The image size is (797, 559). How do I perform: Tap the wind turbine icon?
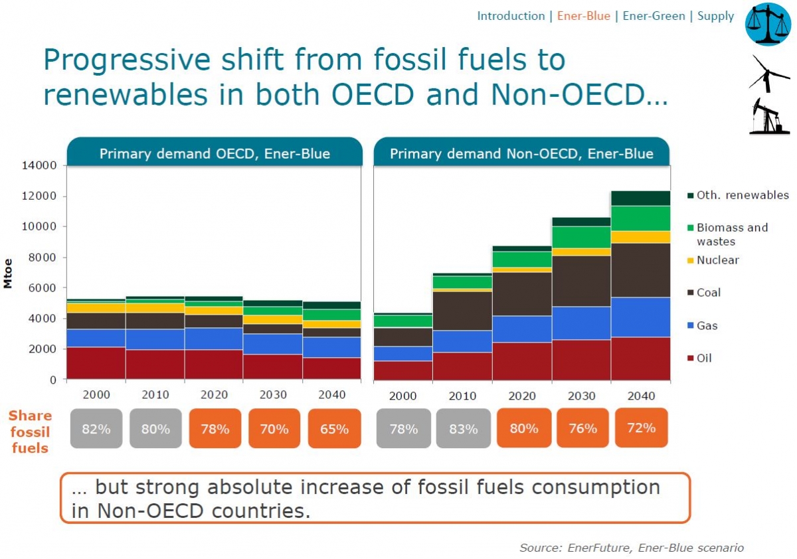768,73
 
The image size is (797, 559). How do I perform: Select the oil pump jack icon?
768,116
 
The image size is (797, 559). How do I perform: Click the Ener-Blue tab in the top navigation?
583,16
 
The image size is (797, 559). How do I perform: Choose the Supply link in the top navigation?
715,16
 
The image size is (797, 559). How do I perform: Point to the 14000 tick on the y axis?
41,165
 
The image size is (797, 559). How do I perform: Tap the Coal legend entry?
707,293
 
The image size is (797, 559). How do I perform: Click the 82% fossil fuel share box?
96,429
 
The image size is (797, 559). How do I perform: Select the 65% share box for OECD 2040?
334,429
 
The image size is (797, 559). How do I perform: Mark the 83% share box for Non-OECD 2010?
463,429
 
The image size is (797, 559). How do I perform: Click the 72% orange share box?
641,428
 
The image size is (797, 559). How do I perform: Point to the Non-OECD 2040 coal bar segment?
640,270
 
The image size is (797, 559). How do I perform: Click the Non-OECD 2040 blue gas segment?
640,317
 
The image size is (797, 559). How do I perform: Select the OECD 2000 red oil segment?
96,363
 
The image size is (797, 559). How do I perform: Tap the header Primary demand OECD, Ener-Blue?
215,154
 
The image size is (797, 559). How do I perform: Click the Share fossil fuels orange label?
31,432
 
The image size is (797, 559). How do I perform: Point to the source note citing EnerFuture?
631,548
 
